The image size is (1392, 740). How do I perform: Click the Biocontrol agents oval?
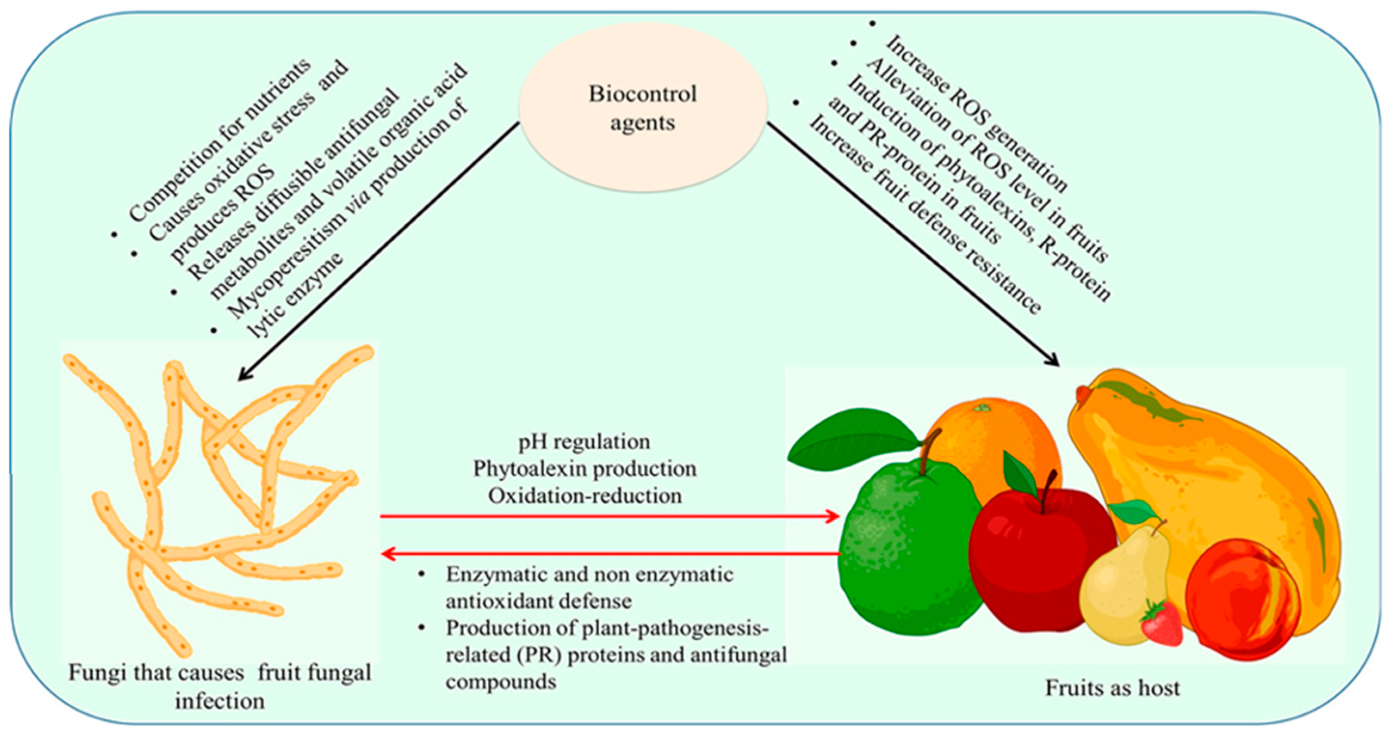(x=642, y=108)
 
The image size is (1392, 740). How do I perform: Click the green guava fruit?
(x=908, y=556)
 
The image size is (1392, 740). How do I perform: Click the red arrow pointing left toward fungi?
(x=611, y=553)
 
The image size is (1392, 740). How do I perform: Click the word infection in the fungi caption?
(x=220, y=701)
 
